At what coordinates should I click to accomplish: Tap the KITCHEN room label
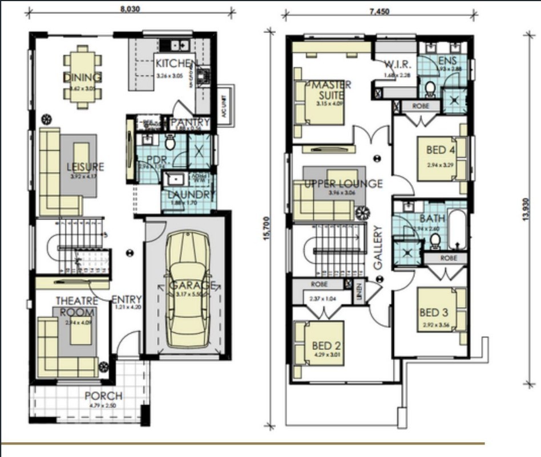click(x=177, y=63)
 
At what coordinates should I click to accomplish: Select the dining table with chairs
click(x=83, y=77)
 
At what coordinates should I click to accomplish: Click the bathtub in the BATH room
click(x=458, y=230)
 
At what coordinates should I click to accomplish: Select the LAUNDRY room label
click(x=190, y=194)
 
